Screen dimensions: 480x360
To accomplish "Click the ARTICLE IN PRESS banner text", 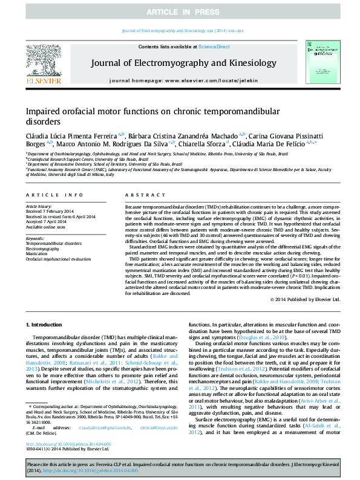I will click(180, 11).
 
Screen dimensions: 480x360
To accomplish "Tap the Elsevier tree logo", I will click(43, 62).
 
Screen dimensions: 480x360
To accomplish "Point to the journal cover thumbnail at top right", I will click(318, 64).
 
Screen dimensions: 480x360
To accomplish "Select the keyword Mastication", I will click(38, 254).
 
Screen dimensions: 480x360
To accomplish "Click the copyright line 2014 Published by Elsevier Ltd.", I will click(307, 300).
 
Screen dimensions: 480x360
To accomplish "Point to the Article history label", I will click(38, 206).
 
